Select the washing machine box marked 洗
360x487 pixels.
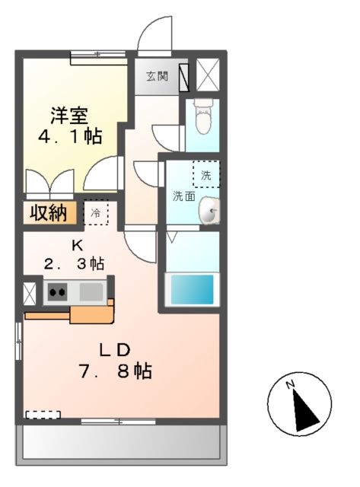205,175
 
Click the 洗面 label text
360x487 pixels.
183,196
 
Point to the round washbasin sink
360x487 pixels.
209,212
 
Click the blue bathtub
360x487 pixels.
191,290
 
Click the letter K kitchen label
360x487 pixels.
75,245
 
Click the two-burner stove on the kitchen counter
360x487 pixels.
56,291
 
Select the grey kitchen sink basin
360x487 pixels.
91,291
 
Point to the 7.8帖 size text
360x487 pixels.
118,371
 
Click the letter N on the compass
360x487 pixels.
291,386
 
